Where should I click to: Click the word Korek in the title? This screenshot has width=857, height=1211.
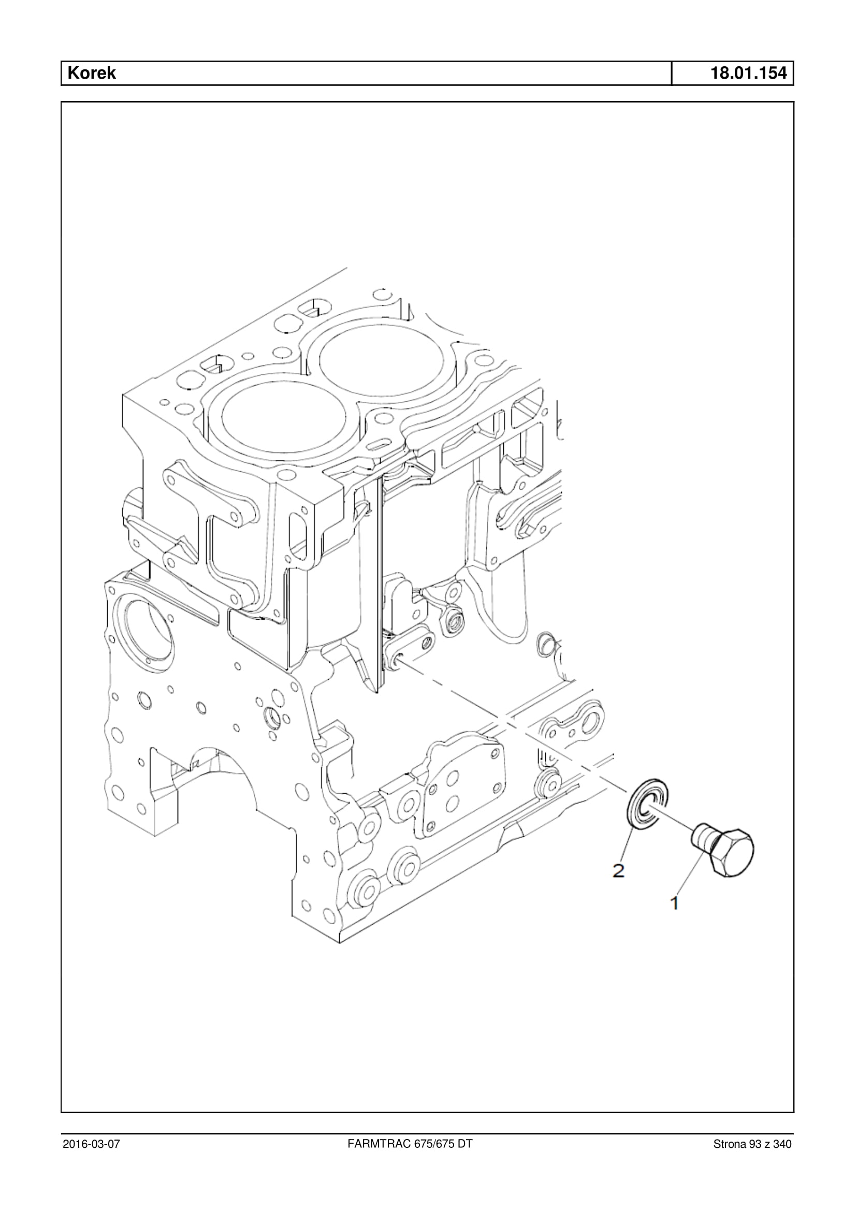[x=91, y=73]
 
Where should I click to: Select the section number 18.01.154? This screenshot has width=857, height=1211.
[x=748, y=73]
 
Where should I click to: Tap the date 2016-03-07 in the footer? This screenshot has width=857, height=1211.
[x=91, y=1144]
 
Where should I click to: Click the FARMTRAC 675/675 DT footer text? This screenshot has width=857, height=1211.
[x=410, y=1144]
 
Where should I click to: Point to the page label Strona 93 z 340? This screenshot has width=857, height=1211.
[x=752, y=1144]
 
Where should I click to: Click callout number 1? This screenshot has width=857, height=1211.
[x=674, y=903]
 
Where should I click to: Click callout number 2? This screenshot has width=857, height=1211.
[x=618, y=870]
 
